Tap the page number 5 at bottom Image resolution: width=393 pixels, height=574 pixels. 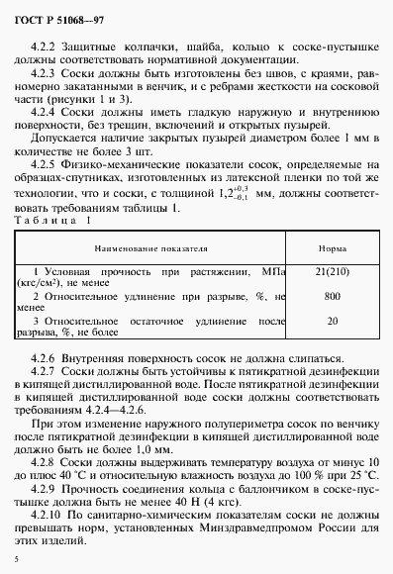click(x=18, y=560)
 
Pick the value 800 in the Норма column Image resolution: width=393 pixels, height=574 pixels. click(x=333, y=296)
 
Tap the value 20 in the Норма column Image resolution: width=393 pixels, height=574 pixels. click(x=333, y=321)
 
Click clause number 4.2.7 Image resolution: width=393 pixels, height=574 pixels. click(x=46, y=368)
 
